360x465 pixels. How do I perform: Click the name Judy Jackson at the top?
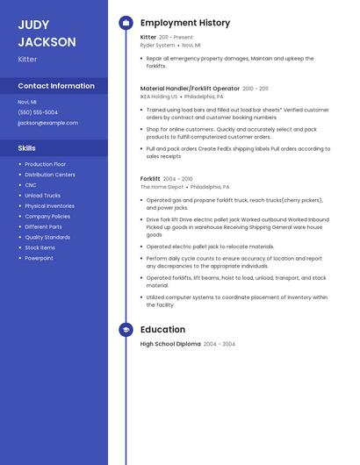(47, 33)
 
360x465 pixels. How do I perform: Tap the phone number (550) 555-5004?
(38, 112)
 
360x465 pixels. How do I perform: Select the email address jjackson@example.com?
(47, 123)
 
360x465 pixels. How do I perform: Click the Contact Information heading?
(56, 86)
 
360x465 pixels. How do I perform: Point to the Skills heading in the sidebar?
(27, 148)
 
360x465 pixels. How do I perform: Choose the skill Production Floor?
(46, 164)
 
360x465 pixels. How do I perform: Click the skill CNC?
(31, 185)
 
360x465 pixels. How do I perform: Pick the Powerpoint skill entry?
(40, 258)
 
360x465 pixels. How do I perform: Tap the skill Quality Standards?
(47, 237)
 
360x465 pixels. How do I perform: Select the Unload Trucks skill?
(43, 196)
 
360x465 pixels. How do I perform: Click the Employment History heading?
(185, 23)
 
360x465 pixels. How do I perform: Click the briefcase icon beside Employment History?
(126, 23)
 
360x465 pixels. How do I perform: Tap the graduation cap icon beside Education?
(126, 330)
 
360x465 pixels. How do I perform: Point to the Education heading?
(162, 330)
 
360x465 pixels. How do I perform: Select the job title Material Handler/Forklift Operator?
(190, 89)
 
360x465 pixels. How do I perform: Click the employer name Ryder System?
(158, 45)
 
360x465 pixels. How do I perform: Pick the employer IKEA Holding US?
(159, 97)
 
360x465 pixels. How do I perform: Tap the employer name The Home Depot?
(162, 187)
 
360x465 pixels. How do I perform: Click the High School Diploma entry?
(170, 344)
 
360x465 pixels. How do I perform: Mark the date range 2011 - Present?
(176, 38)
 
